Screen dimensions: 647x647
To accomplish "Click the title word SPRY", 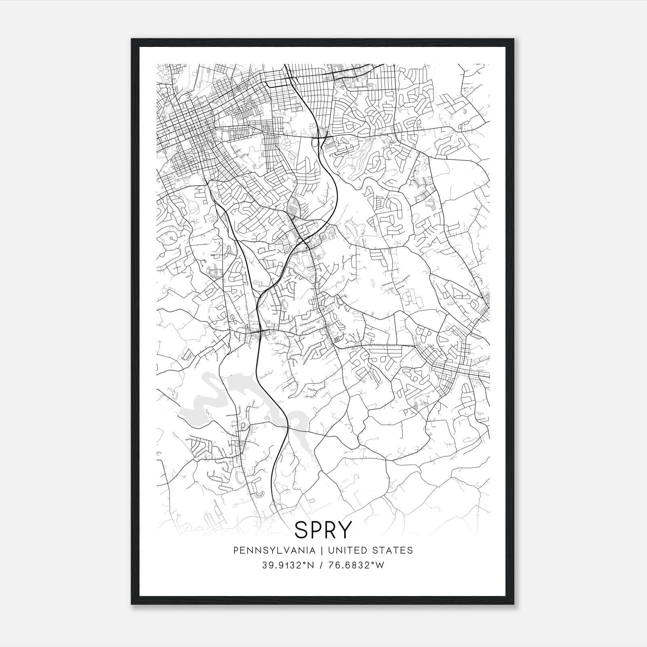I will point(323,530).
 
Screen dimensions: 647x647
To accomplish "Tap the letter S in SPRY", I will point(302,530).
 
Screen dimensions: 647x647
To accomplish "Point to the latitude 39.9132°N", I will point(288,565).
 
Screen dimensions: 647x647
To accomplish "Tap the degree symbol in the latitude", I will point(303,563).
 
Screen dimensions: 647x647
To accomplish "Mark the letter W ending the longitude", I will point(380,565).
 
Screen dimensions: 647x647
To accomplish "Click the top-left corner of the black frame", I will point(132,39).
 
